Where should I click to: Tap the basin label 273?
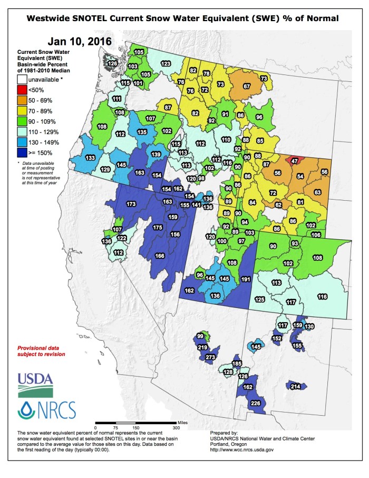[x=211, y=358]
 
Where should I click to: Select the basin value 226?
[x=256, y=404]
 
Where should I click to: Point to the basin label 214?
[x=296, y=387]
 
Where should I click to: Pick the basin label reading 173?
[x=131, y=204]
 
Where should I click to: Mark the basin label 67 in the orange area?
[x=246, y=86]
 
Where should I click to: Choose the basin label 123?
[x=166, y=63]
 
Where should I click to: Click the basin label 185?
[x=237, y=364]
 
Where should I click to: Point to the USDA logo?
[x=35, y=384]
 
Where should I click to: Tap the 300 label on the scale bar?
[x=176, y=427]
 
